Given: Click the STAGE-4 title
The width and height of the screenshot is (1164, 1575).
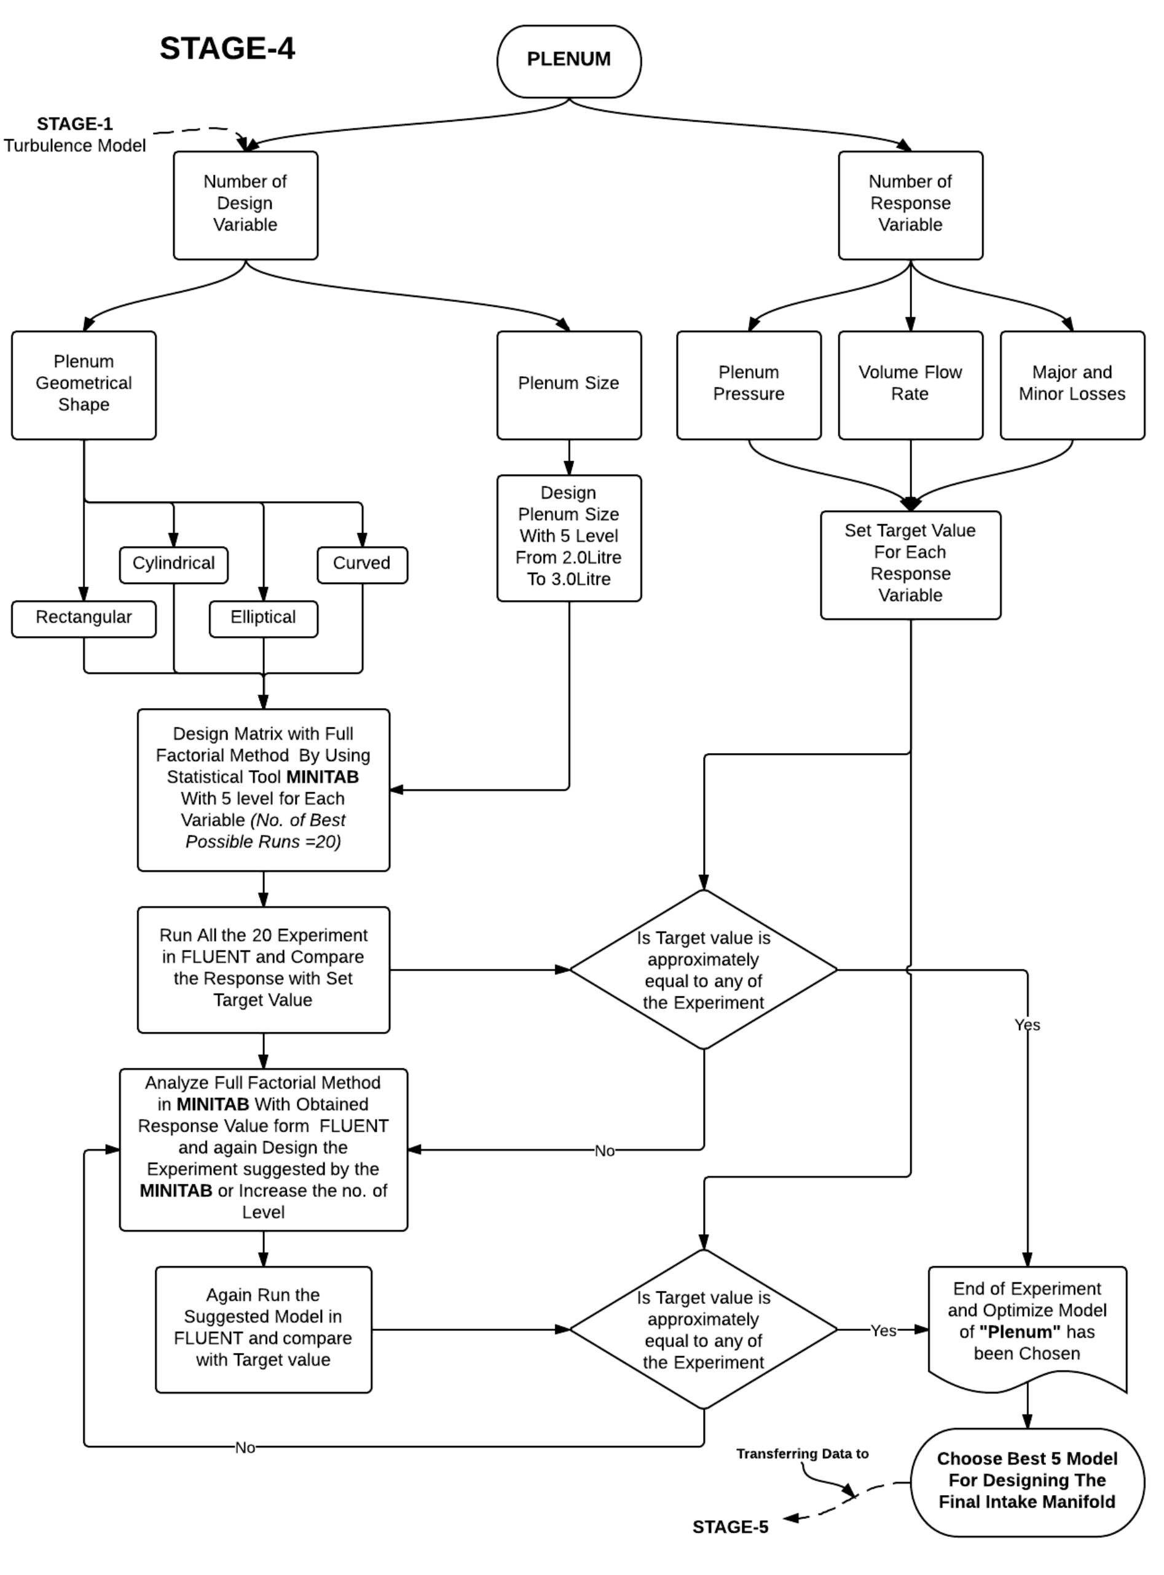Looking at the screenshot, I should [x=227, y=49].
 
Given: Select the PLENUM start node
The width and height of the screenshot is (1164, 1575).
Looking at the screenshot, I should [x=568, y=61].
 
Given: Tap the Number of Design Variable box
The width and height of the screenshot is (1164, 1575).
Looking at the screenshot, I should [x=245, y=205].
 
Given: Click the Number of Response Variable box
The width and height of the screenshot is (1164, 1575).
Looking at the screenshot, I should [x=910, y=205].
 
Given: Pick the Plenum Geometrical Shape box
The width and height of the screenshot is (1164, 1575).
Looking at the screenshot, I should [x=83, y=385].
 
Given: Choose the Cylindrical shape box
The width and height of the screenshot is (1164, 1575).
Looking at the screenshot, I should [x=173, y=564].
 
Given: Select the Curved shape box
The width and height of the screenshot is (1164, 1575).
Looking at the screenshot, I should [x=361, y=564].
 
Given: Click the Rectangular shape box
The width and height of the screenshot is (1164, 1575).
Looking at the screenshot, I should [x=83, y=618].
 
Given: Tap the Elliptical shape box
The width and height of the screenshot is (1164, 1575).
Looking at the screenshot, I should [x=263, y=618].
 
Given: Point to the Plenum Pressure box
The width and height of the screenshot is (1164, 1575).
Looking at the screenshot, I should [x=749, y=385].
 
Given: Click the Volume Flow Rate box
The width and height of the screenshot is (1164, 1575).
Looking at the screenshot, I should [x=910, y=385].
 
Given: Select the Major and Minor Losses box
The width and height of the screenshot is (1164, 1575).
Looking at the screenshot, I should [x=1072, y=385].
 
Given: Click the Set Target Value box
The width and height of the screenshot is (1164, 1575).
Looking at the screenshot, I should [x=910, y=564].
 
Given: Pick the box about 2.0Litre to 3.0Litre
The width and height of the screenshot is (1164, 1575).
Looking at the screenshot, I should [x=568, y=538].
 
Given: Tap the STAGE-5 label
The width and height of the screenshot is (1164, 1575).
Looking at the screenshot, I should [x=730, y=1527].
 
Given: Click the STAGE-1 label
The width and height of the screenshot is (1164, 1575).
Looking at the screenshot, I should [x=75, y=124].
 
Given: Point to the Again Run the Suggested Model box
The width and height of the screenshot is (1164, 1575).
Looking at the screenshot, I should [x=263, y=1329].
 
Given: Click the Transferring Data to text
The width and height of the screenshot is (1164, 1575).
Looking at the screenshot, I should [x=802, y=1454].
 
